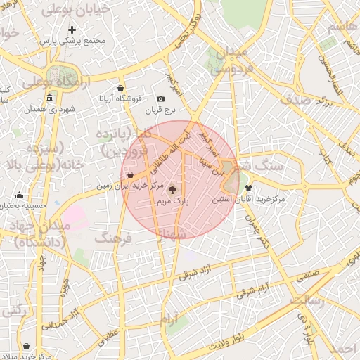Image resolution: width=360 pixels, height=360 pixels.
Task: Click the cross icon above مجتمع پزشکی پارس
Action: [72, 30]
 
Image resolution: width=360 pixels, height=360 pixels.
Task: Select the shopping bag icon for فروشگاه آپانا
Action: [122, 89]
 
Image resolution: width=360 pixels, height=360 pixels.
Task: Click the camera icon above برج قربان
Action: [160, 99]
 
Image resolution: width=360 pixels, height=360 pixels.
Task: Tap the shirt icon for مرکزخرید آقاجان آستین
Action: [248, 188]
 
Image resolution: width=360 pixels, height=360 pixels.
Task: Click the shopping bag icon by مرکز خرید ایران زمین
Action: [131, 174]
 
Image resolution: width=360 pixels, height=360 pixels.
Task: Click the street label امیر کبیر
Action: [209, 142]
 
